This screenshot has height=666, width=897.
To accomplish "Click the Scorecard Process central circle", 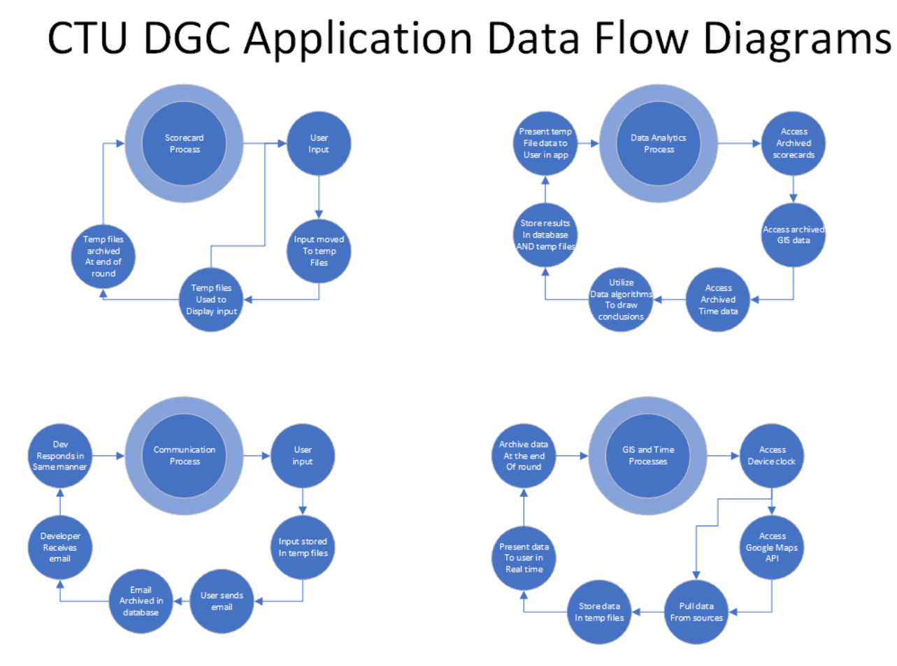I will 184,143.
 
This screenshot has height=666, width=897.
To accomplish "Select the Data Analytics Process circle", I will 659,143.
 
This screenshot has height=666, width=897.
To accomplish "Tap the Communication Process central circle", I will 184,456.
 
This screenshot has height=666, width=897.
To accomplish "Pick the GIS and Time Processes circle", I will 648,456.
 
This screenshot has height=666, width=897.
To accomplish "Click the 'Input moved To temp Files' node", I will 319,251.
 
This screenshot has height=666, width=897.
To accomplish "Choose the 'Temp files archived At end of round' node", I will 103,256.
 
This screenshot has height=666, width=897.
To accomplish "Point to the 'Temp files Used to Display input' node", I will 211,299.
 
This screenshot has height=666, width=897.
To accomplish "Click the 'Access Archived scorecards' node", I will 794,143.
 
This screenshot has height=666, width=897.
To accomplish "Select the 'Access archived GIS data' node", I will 794,235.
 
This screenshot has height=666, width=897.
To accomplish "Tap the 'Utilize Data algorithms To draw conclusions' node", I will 621,299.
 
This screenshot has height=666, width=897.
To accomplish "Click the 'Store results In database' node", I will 545,235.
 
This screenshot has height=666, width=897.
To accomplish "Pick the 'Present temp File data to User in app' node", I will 545,143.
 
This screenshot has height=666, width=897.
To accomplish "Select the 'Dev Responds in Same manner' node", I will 60,456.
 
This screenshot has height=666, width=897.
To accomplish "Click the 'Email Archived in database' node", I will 141,601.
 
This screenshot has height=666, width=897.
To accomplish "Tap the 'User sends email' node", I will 222,601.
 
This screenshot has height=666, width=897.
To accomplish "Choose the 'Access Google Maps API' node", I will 772,547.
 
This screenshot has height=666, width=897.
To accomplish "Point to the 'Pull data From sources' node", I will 696,611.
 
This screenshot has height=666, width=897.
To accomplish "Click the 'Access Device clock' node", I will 772,456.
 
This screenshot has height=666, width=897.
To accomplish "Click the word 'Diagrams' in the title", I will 797,38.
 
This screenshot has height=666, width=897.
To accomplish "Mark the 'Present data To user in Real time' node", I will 524,558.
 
